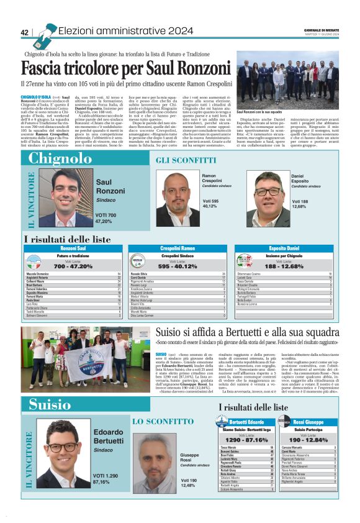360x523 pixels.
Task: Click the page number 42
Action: pyautogui.click(x=25, y=32)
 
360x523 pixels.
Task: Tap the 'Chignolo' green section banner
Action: pyautogui.click(x=60, y=158)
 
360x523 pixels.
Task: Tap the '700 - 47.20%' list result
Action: pyautogui.click(x=65, y=266)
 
